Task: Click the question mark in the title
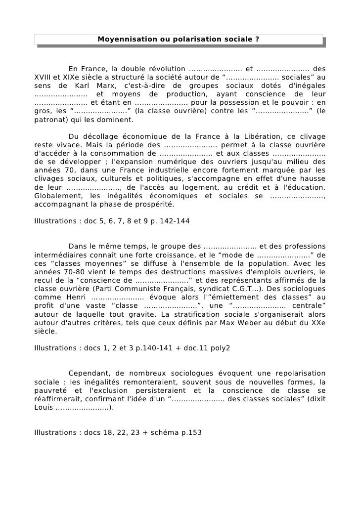[258, 39]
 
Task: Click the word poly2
[220, 348]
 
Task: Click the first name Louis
[44, 408]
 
